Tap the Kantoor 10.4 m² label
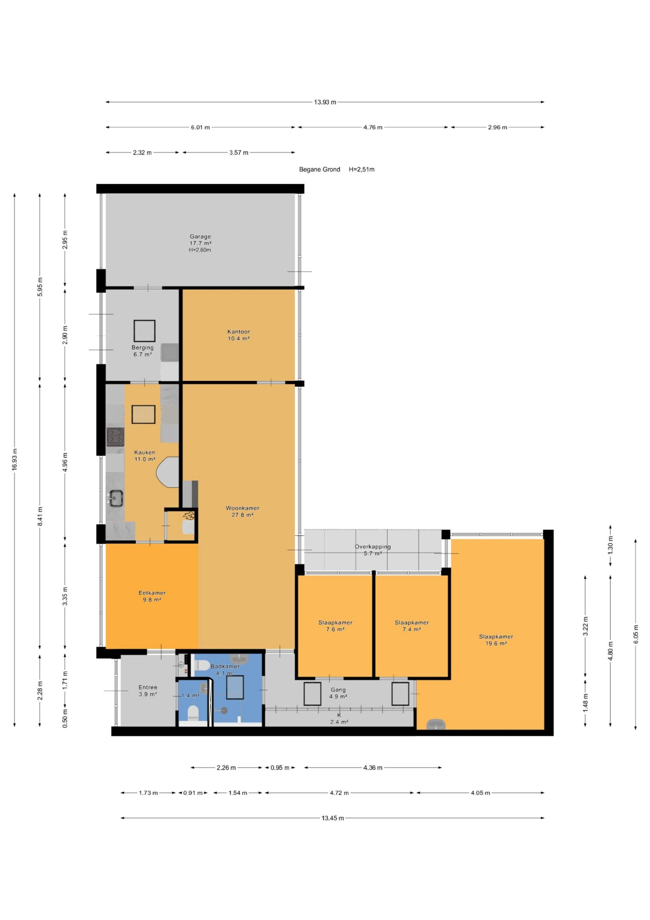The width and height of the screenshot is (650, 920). click(239, 335)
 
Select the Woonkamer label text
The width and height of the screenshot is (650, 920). click(242, 508)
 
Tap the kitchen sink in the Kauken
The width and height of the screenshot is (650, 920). click(115, 498)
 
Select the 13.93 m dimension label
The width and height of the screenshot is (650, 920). click(325, 102)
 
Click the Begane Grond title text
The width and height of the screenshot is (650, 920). click(320, 170)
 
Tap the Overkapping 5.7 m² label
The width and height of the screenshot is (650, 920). click(372, 550)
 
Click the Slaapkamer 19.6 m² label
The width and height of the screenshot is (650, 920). click(496, 640)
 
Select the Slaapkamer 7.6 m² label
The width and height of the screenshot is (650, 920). click(335, 626)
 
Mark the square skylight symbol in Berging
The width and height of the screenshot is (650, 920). click(144, 331)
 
